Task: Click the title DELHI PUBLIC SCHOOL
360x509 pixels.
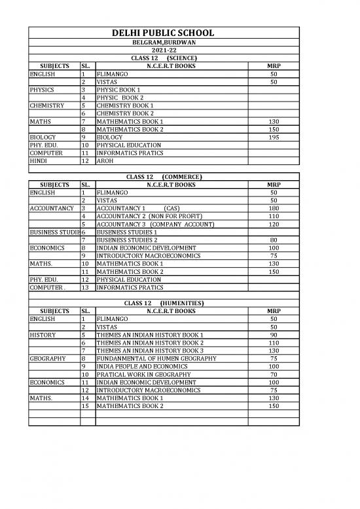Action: click(x=164, y=34)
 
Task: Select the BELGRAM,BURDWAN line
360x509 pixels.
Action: click(x=164, y=43)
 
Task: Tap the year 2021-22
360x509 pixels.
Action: click(x=164, y=50)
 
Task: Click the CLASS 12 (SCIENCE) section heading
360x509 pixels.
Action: click(x=164, y=58)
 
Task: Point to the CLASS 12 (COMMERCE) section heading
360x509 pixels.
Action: click(x=164, y=178)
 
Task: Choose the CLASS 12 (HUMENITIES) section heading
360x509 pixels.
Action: click(x=164, y=303)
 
